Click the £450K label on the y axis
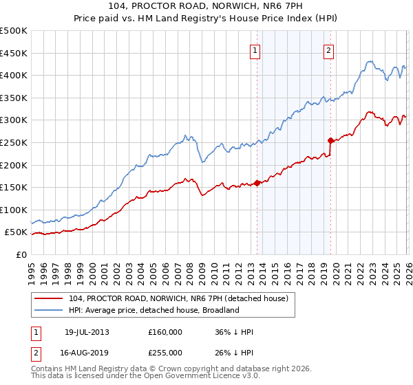click(14, 53)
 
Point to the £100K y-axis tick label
click(14, 210)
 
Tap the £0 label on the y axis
click(21, 254)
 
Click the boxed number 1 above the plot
click(255, 49)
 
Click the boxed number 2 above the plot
click(329, 49)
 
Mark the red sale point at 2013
click(257, 183)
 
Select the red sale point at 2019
click(331, 140)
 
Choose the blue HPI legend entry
click(153, 310)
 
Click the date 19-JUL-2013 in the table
click(87, 332)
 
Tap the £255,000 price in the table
click(165, 352)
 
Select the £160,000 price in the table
click(165, 332)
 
